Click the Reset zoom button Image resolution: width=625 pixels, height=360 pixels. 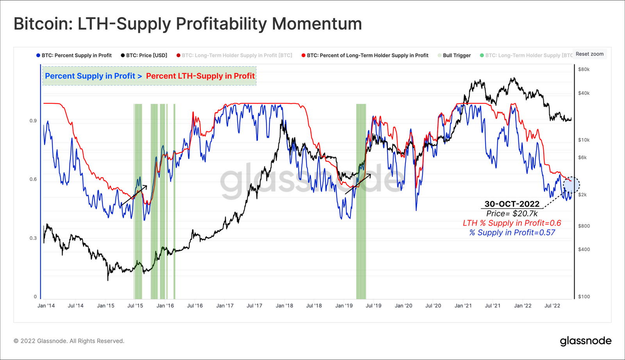pos(589,54)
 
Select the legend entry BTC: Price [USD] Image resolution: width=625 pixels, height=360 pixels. pos(144,55)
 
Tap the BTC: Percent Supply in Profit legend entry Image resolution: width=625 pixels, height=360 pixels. pos(74,55)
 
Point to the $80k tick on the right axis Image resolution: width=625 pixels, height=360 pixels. pos(584,70)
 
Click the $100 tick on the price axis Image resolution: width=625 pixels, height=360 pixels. pos(584,297)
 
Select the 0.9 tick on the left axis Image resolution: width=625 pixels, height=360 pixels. pos(33,121)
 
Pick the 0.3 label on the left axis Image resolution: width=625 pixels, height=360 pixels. pos(33,238)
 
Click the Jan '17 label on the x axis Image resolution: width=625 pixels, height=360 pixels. pos(225,306)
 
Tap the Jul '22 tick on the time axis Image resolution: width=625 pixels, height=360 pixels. pos(552,306)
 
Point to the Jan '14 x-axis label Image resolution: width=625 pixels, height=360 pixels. pos(46,306)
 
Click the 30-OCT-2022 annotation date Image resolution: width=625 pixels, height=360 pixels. pos(512,204)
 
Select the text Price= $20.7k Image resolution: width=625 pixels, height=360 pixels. pos(512,214)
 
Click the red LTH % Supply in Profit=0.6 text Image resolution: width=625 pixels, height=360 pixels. pos(512,223)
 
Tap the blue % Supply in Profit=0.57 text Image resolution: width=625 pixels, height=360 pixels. pos(512,233)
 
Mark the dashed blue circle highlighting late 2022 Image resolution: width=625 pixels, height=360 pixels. pos(571,185)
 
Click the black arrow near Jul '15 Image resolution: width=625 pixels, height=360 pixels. pos(134,195)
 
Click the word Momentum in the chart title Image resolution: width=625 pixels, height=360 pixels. pos(317,24)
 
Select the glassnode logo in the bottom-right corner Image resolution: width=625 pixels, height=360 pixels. pos(586,341)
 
